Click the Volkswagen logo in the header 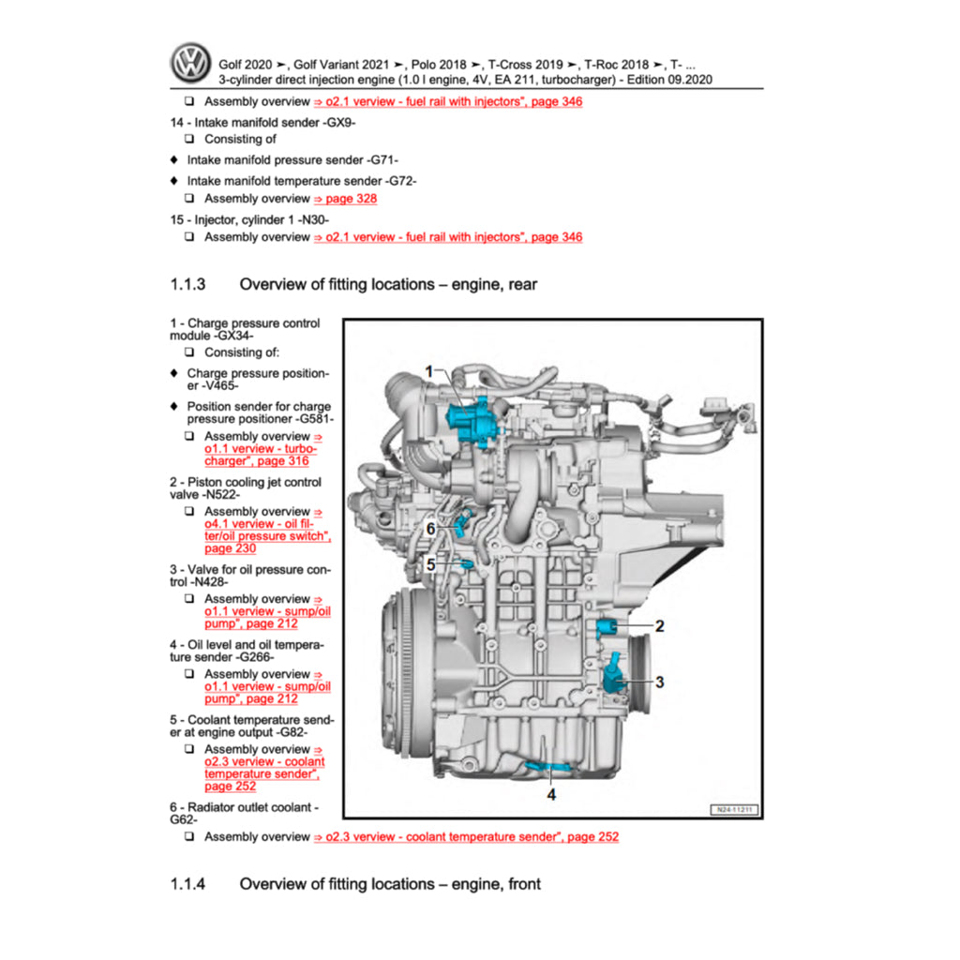click(192, 63)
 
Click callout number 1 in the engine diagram click(428, 372)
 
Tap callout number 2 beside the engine click(659, 626)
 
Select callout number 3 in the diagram click(659, 682)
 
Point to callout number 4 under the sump click(551, 794)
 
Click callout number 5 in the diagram click(430, 564)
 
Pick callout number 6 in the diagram click(430, 529)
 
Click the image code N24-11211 click(732, 809)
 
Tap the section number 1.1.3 click(187, 284)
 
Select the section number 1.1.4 click(187, 884)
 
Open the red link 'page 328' click(346, 199)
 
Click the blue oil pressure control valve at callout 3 click(614, 675)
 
